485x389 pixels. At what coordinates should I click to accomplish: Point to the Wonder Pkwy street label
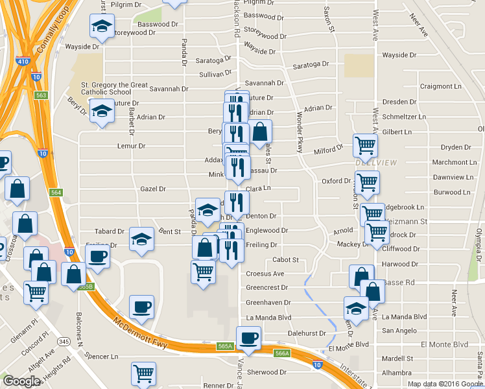coord(300,132)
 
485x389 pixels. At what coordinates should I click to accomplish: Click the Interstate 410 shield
coord(23,62)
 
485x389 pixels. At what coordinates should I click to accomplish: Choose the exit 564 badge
coord(56,193)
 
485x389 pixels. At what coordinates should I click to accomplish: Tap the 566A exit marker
coord(281,353)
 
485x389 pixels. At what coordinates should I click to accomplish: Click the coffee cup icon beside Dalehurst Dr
coord(248,337)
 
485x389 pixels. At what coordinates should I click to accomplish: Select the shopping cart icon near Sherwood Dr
coord(143,373)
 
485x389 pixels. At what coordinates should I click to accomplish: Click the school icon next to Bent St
coord(141,239)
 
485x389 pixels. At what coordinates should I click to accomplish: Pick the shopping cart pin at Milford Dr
coord(365,145)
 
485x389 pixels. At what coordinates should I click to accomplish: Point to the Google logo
coord(21,381)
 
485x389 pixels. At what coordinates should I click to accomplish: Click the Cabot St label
coord(285,260)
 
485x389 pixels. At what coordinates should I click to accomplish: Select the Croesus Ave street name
coord(265,274)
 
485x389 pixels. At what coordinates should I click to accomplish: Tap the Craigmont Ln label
coord(440,86)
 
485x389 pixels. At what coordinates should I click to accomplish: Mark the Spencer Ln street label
coord(102,357)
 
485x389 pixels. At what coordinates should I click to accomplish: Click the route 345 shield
coord(64,341)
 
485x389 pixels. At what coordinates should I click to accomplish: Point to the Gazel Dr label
coord(153,189)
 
